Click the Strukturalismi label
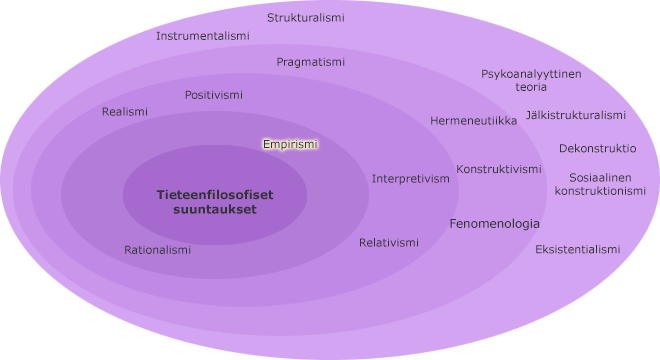[x=306, y=18]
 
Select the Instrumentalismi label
[x=203, y=36]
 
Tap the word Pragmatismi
[x=311, y=62]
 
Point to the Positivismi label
[x=214, y=95]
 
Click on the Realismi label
[x=125, y=112]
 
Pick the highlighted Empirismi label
[x=290, y=144]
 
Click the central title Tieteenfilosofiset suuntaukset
[x=214, y=202]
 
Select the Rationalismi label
[x=157, y=250]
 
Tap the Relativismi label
[x=389, y=243]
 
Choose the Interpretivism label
[x=411, y=179]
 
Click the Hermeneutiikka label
[x=474, y=121]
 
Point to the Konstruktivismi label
[x=499, y=169]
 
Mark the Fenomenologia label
[x=494, y=224]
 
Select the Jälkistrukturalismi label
[x=576, y=115]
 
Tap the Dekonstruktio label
[x=597, y=148]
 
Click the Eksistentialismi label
[x=578, y=249]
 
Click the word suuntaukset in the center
[x=214, y=210]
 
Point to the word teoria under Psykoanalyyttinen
[x=531, y=87]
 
